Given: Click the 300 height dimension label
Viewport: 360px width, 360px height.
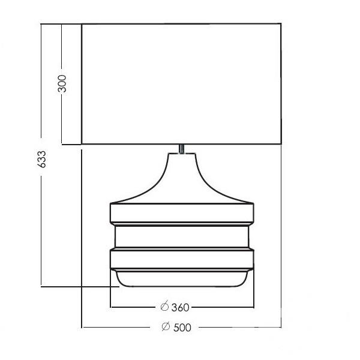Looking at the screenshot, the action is [x=62, y=84].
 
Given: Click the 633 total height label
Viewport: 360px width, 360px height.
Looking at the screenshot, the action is [x=41, y=160].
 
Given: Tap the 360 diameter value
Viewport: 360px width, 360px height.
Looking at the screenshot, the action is [x=181, y=308].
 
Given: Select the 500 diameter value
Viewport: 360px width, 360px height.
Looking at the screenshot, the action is [x=182, y=328].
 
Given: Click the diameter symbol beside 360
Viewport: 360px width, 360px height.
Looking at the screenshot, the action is [x=164, y=306].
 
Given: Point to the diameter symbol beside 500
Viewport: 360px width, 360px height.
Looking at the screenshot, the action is [x=166, y=326].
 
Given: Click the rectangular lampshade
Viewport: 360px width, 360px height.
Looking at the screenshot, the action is [x=181, y=84].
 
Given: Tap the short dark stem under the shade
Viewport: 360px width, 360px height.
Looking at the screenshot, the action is [x=182, y=149].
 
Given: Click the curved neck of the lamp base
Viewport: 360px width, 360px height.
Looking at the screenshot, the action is [x=182, y=178].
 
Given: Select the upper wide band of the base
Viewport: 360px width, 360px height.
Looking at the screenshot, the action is [x=182, y=213].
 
